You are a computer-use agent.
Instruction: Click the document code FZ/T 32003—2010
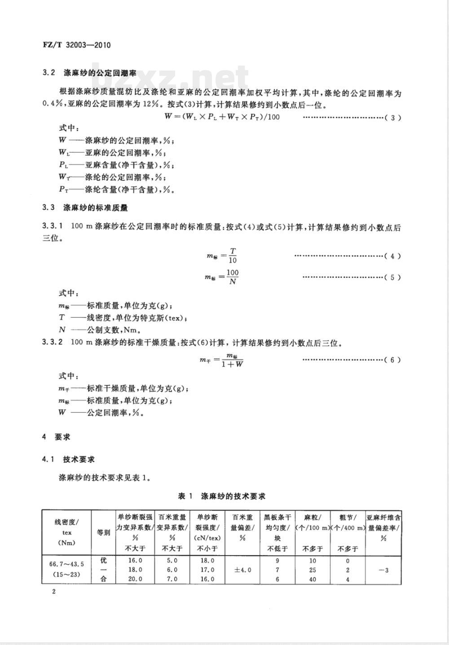(x=76, y=45)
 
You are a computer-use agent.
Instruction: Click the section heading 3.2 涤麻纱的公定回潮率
(x=89, y=72)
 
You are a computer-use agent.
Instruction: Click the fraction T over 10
(x=233, y=256)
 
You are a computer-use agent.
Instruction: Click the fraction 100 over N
(x=233, y=277)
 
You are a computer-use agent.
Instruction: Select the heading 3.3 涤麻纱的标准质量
(x=85, y=208)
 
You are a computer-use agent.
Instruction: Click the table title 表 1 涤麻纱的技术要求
(x=222, y=496)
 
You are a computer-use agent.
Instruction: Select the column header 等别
(x=103, y=533)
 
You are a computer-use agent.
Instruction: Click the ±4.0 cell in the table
(x=243, y=570)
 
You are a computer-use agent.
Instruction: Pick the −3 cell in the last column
(x=383, y=570)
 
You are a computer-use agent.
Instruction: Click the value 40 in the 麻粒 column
(x=313, y=579)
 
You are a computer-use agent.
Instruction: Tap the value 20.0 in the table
(x=135, y=579)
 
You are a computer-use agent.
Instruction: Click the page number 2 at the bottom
(x=53, y=592)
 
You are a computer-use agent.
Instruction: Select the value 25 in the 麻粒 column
(x=313, y=570)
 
